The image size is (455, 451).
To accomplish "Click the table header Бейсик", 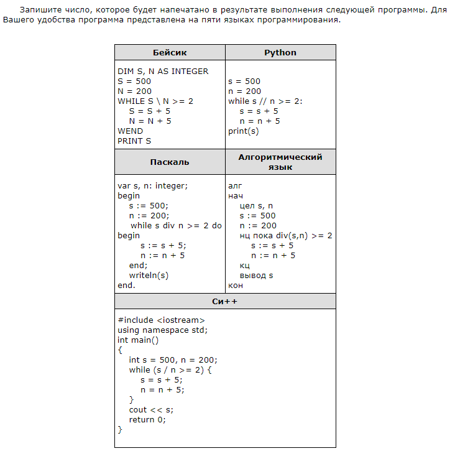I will [x=170, y=53].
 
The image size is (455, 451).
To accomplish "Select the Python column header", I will [x=280, y=53].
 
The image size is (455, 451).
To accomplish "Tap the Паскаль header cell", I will [x=170, y=162].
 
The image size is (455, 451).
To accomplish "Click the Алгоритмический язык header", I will [x=280, y=162].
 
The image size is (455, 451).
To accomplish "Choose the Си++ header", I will [x=225, y=302].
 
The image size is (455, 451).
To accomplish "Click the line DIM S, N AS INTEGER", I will [x=163, y=72].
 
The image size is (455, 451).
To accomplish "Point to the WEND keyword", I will [x=130, y=131].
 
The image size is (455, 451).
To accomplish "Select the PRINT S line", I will [x=134, y=141].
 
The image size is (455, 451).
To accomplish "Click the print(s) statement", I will [x=244, y=131].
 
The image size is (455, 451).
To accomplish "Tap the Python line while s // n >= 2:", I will [x=265, y=101].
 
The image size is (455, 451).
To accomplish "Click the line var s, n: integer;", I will [x=152, y=186].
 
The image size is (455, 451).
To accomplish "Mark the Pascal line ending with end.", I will [x=126, y=286].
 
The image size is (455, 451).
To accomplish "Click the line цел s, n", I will [x=256, y=206].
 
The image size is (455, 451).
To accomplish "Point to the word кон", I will [x=236, y=286].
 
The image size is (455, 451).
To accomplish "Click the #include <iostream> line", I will [x=161, y=320].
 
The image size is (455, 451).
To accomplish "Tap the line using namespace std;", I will [x=162, y=330].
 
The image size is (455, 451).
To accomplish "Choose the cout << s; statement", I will [x=151, y=410].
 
